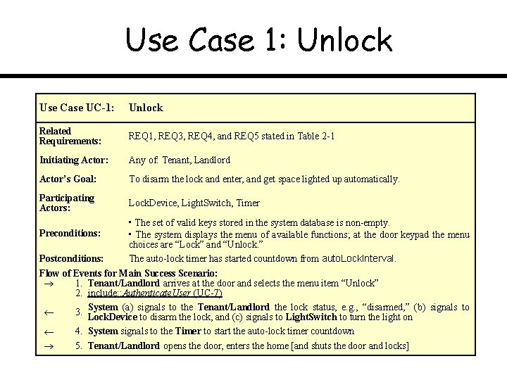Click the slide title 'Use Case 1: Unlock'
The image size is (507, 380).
pyautogui.click(x=258, y=40)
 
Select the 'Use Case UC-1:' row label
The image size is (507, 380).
pyautogui.click(x=77, y=108)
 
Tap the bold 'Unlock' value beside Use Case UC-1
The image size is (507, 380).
pyautogui.click(x=146, y=108)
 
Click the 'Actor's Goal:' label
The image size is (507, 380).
pyautogui.click(x=68, y=179)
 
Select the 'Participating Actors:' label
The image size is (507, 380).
pyautogui.click(x=66, y=203)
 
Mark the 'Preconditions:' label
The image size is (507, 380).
pyautogui.click(x=70, y=233)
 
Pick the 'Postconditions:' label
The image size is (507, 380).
pyautogui.click(x=72, y=258)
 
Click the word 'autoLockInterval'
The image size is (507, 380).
pyautogui.click(x=358, y=258)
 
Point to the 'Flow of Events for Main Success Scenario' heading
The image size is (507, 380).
pyautogui.click(x=127, y=272)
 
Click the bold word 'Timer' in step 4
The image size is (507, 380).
pyautogui.click(x=189, y=331)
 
